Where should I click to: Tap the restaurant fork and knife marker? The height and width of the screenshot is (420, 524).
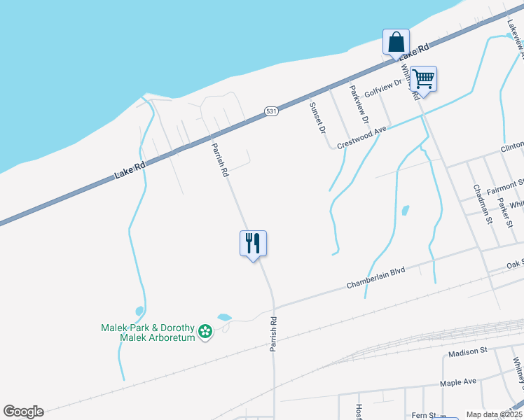(x=254, y=243)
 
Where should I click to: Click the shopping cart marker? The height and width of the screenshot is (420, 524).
(x=424, y=78)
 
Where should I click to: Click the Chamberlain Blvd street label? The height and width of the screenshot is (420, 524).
(x=376, y=278)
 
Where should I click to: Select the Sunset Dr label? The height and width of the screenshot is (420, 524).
(x=317, y=117)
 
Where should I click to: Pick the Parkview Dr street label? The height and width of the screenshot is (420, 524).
(x=359, y=105)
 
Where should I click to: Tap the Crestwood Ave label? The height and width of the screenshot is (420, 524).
(x=361, y=137)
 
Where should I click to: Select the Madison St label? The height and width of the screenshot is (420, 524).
(x=467, y=351)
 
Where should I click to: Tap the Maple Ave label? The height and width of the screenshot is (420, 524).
(x=458, y=382)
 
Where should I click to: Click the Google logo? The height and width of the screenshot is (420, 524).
(x=23, y=412)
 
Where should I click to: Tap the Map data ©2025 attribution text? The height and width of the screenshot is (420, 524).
(x=495, y=415)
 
